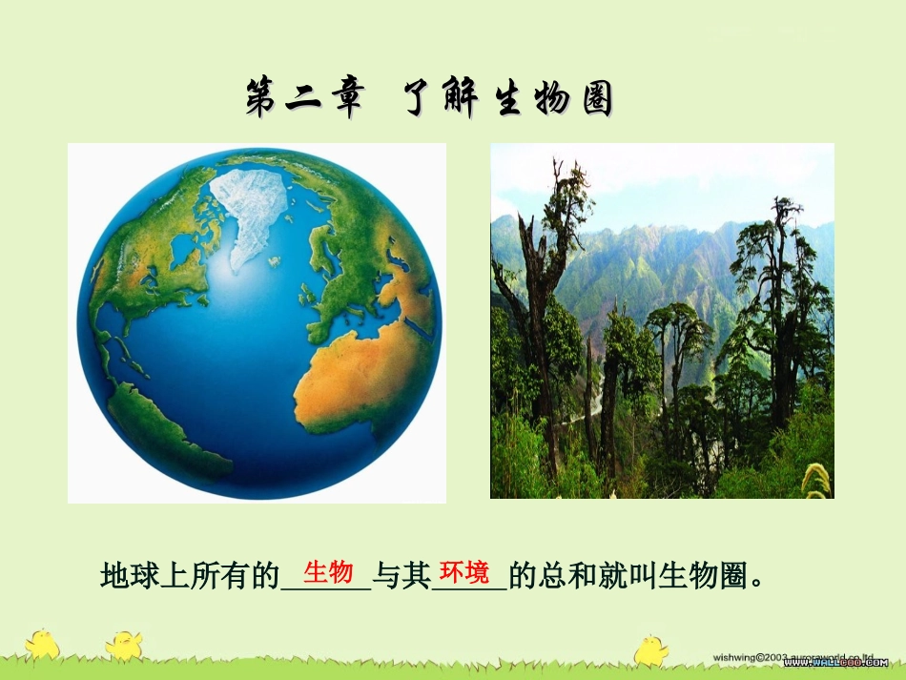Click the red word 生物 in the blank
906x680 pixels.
pyautogui.click(x=328, y=572)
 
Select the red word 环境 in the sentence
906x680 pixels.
pyautogui.click(x=464, y=572)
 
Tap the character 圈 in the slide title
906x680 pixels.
pyautogui.click(x=596, y=99)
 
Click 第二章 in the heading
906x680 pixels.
pyautogui.click(x=304, y=99)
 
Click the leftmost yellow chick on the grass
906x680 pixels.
pyautogui.click(x=42, y=644)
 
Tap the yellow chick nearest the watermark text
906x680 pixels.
pyautogui.click(x=651, y=649)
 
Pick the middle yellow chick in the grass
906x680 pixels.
pyautogui.click(x=124, y=645)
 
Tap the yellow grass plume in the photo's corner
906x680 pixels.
pyautogui.click(x=816, y=479)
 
